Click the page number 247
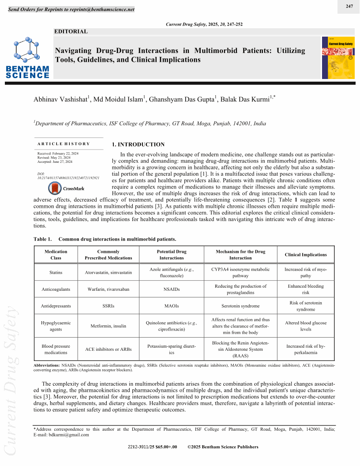pyautogui.click(x=349, y=6)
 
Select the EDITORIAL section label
pyautogui.click(x=71, y=31)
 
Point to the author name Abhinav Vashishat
pyautogui.click(x=61, y=99)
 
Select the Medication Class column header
pyautogui.click(x=56, y=255)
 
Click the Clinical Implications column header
pyautogui.click(x=306, y=255)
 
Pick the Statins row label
pyautogui.click(x=56, y=272)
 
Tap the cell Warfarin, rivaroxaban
pyautogui.click(x=108, y=289)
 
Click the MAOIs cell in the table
pyautogui.click(x=172, y=305)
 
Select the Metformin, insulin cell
pyautogui.click(x=108, y=326)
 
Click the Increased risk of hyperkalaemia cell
pyautogui.click(x=306, y=349)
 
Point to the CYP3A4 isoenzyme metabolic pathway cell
pyautogui.click(x=240, y=272)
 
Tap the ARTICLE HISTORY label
pyautogui.click(x=64, y=144)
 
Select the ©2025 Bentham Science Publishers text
pyautogui.click(x=223, y=447)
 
